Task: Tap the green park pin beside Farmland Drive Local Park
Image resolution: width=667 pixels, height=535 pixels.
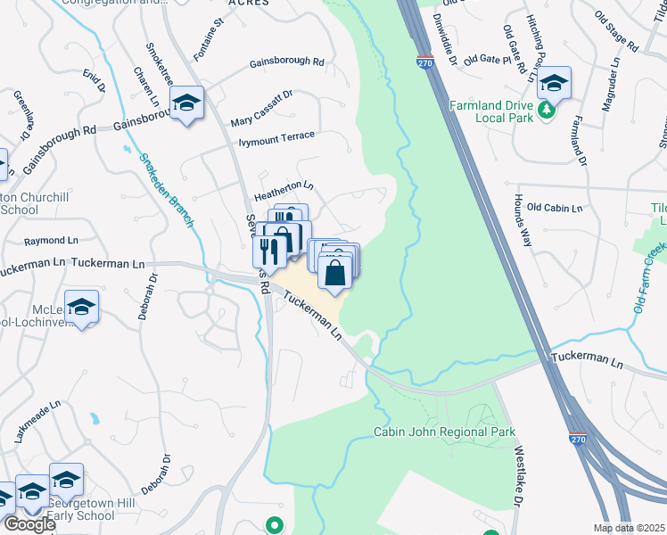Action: pos(545,112)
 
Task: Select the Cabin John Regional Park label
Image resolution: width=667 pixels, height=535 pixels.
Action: pos(444,432)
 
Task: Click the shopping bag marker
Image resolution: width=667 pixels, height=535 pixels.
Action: pos(334,272)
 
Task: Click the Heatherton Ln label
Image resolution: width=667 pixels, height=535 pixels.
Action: pos(284,186)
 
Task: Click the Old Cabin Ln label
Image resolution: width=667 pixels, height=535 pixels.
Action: pos(554,208)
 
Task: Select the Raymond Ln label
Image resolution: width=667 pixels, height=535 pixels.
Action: pos(45,241)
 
